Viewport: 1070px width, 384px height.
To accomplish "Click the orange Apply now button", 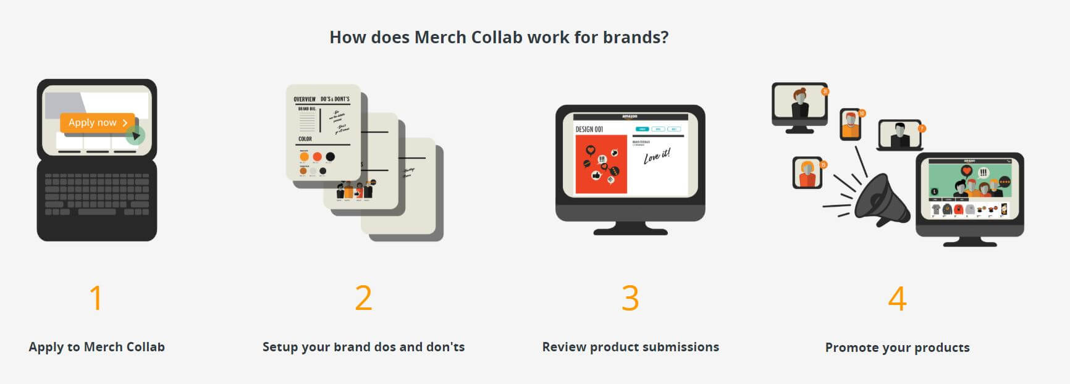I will click(97, 122).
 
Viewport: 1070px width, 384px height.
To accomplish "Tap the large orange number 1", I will click(96, 298).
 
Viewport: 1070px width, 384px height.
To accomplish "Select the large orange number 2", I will click(363, 298).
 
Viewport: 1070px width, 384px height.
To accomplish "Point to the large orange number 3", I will click(630, 298).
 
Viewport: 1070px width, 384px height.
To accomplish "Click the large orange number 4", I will click(897, 298).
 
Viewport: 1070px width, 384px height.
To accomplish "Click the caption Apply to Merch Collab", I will click(97, 347).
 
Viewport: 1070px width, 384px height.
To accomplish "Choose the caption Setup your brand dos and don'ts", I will click(363, 347).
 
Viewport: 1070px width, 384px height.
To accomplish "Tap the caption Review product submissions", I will click(630, 347).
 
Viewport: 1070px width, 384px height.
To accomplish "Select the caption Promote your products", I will click(897, 348).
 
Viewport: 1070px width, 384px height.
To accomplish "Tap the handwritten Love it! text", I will click(656, 156).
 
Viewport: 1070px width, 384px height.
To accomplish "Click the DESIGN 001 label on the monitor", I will click(589, 129).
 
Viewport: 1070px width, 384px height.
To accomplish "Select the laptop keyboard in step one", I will click(97, 194).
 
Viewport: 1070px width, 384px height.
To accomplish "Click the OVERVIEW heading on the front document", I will click(305, 99).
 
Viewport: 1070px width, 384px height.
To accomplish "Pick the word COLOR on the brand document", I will click(305, 139).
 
